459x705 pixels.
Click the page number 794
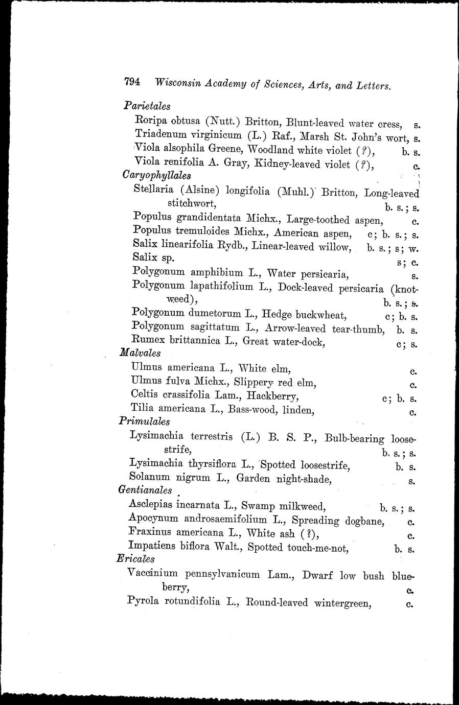(132, 82)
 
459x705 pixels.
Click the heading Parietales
(147, 106)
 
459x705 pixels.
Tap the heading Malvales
(140, 353)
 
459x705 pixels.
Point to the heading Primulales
(145, 422)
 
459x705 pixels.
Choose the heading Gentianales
(145, 490)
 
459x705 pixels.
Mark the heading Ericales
(136, 559)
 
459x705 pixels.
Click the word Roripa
(151, 122)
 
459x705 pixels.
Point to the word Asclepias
(151, 505)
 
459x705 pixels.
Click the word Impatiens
(152, 546)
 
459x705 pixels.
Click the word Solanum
(149, 477)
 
